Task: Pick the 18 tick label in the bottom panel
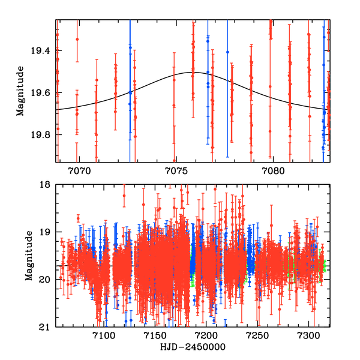pos(47,185)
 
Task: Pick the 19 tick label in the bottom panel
pos(47,232)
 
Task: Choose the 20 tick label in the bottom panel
pos(47,280)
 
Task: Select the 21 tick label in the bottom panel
pos(47,327)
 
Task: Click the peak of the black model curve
pos(193,72)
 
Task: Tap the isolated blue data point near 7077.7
pos(227,52)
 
